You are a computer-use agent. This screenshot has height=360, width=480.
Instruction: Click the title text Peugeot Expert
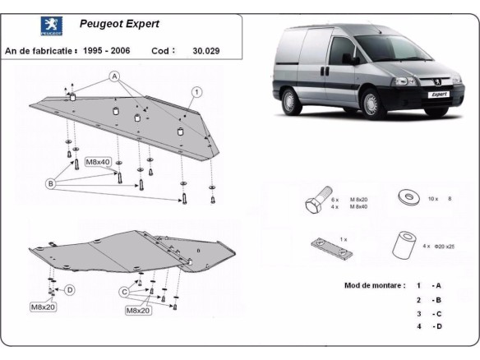119,25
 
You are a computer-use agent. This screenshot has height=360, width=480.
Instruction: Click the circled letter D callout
70,289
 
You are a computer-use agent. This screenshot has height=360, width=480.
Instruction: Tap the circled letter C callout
125,291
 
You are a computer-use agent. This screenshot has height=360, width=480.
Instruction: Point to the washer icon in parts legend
405,197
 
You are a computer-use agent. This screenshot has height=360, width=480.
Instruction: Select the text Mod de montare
375,285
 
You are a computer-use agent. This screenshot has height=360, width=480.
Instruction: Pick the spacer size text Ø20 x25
444,246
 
